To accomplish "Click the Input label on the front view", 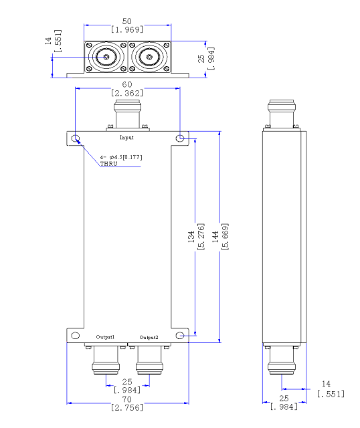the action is click(126, 138).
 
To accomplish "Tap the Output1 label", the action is click(105, 337).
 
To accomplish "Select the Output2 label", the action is click(149, 337).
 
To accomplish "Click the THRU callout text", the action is click(108, 164).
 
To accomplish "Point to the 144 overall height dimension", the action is click(215, 237).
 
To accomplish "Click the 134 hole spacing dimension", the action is click(191, 237).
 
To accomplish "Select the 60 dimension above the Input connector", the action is click(127, 85).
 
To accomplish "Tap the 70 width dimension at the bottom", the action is click(127, 400).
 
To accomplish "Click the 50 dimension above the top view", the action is click(127, 21).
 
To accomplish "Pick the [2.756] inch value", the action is click(127, 407).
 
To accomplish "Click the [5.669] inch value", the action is click(225, 237).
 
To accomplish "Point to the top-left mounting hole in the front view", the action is click(76, 138).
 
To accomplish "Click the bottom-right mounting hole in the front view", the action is click(180, 335).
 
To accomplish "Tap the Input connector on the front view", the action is click(128, 115).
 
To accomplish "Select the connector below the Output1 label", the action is click(106, 359).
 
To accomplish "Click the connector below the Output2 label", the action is click(149, 359).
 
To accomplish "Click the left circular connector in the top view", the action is click(106, 57).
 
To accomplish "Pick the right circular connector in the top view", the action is click(149, 57).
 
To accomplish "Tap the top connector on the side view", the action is click(282, 114).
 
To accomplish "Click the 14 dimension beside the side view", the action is click(326, 384).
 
